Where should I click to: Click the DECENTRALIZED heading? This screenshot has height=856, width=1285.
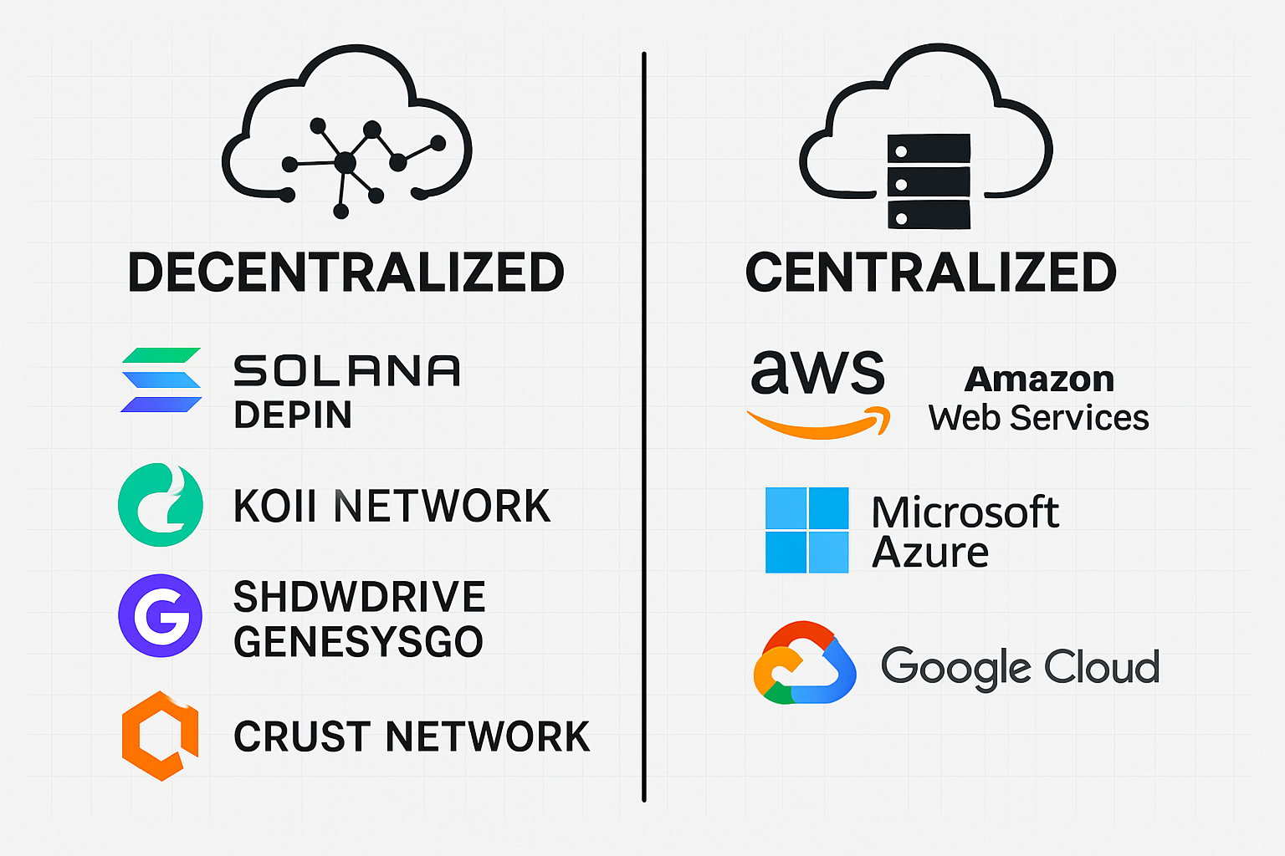click(x=346, y=273)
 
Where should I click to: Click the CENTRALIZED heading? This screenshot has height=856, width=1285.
click(x=930, y=273)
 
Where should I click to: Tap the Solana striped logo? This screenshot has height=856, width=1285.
click(x=161, y=380)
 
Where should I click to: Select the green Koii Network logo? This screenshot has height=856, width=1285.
click(x=161, y=505)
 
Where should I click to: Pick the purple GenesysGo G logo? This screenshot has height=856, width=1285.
click(x=161, y=616)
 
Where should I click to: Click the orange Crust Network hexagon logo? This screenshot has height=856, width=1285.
click(x=161, y=736)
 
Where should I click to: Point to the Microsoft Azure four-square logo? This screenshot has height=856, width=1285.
click(x=806, y=530)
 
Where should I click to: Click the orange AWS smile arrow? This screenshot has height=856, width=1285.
click(x=818, y=423)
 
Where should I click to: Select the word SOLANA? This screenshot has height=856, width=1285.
click(x=346, y=371)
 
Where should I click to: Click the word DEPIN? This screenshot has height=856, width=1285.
click(x=293, y=415)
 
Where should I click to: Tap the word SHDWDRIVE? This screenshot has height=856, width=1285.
click(x=359, y=597)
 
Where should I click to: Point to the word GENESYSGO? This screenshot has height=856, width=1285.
click(x=358, y=642)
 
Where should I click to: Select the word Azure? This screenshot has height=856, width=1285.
click(x=930, y=553)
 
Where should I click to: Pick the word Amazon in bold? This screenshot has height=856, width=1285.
click(x=1039, y=380)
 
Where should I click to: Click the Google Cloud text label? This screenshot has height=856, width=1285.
click(x=1020, y=667)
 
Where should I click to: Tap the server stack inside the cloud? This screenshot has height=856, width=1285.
click(x=929, y=181)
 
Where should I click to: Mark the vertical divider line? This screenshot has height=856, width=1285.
click(x=643, y=426)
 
